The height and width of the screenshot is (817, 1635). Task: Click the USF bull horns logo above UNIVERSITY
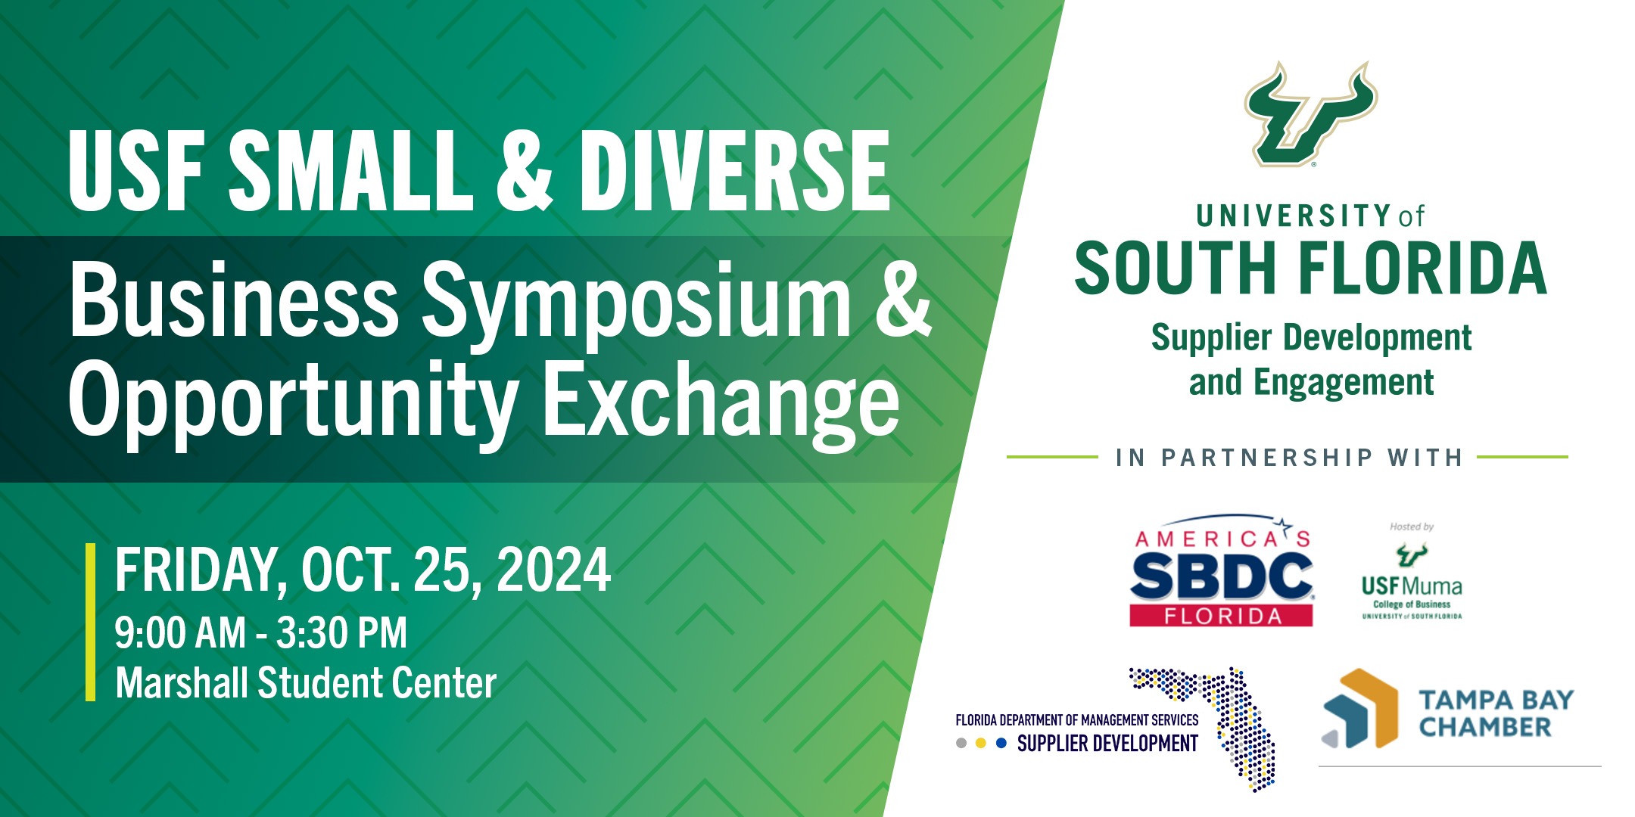coord(1310,113)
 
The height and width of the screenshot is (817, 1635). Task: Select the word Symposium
coord(636,303)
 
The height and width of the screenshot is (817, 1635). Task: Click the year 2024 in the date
coord(553,570)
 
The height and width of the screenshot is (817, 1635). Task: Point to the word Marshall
coord(181,682)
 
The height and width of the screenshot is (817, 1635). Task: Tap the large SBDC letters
coord(1221,576)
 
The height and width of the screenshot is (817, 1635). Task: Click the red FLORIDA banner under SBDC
coord(1221,616)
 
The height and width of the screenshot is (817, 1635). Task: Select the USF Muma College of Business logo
coord(1412,582)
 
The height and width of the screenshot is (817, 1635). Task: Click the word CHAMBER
coord(1484,727)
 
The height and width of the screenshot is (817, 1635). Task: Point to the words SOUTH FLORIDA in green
coord(1310,269)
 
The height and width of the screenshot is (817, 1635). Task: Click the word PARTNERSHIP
coord(1267,458)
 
